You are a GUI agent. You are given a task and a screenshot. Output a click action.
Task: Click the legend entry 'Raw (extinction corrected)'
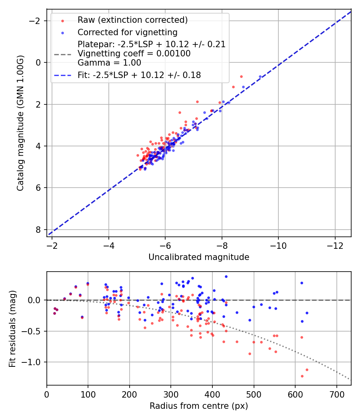132,20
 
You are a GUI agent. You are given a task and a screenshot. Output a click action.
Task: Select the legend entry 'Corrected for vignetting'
127,32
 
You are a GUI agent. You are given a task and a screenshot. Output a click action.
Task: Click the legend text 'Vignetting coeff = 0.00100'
134,54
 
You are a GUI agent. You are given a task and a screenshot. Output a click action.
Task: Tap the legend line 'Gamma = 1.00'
109,63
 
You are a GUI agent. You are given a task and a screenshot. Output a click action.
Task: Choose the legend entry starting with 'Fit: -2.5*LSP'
139,75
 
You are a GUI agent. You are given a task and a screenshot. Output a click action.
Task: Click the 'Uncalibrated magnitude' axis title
199,257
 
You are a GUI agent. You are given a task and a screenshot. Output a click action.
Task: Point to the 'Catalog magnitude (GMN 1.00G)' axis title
20,123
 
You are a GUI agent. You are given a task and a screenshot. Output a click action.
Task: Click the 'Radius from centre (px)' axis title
199,406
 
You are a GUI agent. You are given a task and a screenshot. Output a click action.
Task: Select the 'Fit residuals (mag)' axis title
12,328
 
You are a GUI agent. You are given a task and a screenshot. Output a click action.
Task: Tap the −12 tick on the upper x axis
335,245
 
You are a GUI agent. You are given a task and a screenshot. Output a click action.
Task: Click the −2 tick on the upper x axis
52,245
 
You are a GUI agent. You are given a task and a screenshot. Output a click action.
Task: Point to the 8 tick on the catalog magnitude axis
38,230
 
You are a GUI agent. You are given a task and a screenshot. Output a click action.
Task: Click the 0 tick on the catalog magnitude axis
38,62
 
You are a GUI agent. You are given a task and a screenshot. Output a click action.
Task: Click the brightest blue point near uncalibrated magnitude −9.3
260,76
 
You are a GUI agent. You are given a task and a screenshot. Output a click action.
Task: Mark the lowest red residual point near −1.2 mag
302,376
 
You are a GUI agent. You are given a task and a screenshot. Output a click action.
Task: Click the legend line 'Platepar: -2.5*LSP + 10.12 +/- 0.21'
152,44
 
